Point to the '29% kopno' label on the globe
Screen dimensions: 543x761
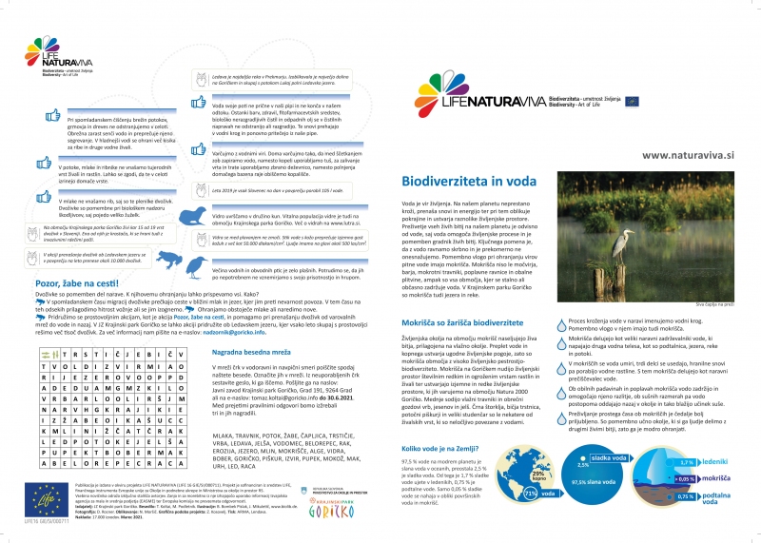[x=539, y=475]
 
